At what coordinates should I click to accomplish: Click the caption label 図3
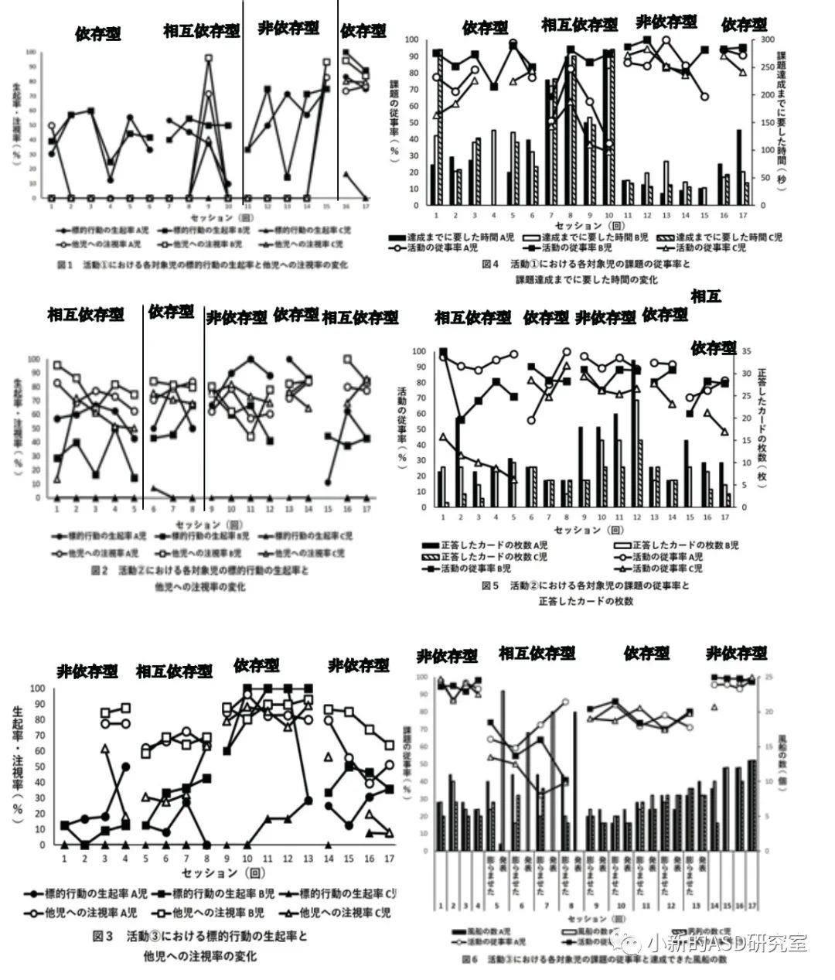click(x=104, y=936)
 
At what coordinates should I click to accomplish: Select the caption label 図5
click(x=490, y=586)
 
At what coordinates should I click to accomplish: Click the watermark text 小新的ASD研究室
click(x=728, y=943)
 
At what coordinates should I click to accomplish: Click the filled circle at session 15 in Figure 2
click(x=329, y=483)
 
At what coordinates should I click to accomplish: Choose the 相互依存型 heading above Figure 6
click(x=537, y=653)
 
